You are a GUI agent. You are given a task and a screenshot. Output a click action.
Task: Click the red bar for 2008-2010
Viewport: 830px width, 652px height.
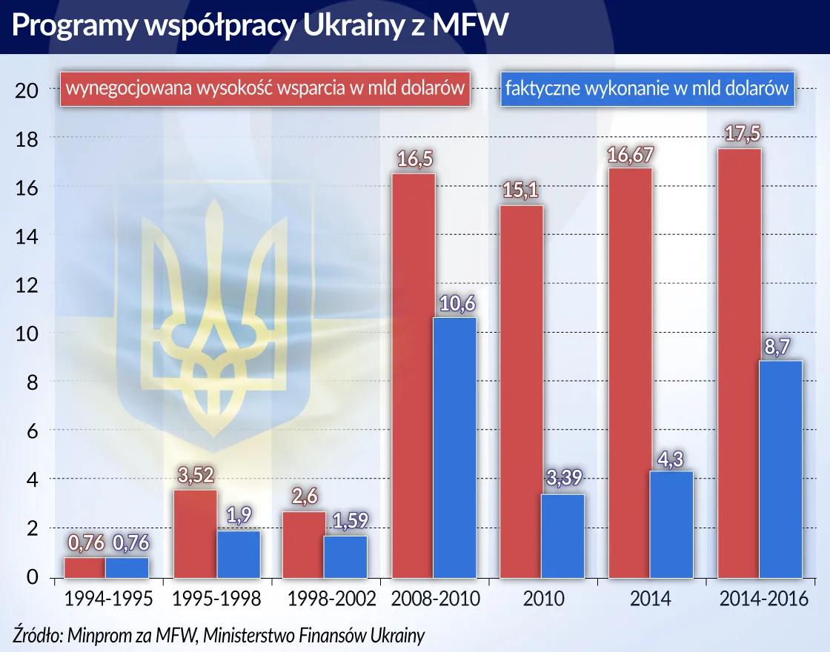pyautogui.click(x=414, y=376)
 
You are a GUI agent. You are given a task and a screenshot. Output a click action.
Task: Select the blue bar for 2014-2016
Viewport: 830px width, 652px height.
pyautogui.click(x=781, y=469)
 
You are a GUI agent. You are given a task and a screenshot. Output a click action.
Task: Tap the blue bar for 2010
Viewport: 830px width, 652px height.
pyautogui.click(x=563, y=536)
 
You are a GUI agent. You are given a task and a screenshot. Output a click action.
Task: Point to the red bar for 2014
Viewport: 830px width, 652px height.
pyautogui.click(x=630, y=373)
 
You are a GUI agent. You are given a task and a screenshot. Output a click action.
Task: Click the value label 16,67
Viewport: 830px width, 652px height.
pyautogui.click(x=631, y=155)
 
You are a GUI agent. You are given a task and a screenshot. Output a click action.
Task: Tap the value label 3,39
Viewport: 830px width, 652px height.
pyautogui.click(x=564, y=481)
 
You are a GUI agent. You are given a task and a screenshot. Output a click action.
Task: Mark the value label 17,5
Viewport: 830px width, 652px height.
pyautogui.click(x=739, y=135)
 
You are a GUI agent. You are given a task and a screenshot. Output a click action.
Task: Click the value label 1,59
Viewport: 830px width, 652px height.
pyautogui.click(x=347, y=522)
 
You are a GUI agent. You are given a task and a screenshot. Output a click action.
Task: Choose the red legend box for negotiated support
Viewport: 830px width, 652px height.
pyautogui.click(x=265, y=89)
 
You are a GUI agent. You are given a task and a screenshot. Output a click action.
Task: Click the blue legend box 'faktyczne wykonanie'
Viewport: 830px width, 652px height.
pyautogui.click(x=646, y=89)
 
